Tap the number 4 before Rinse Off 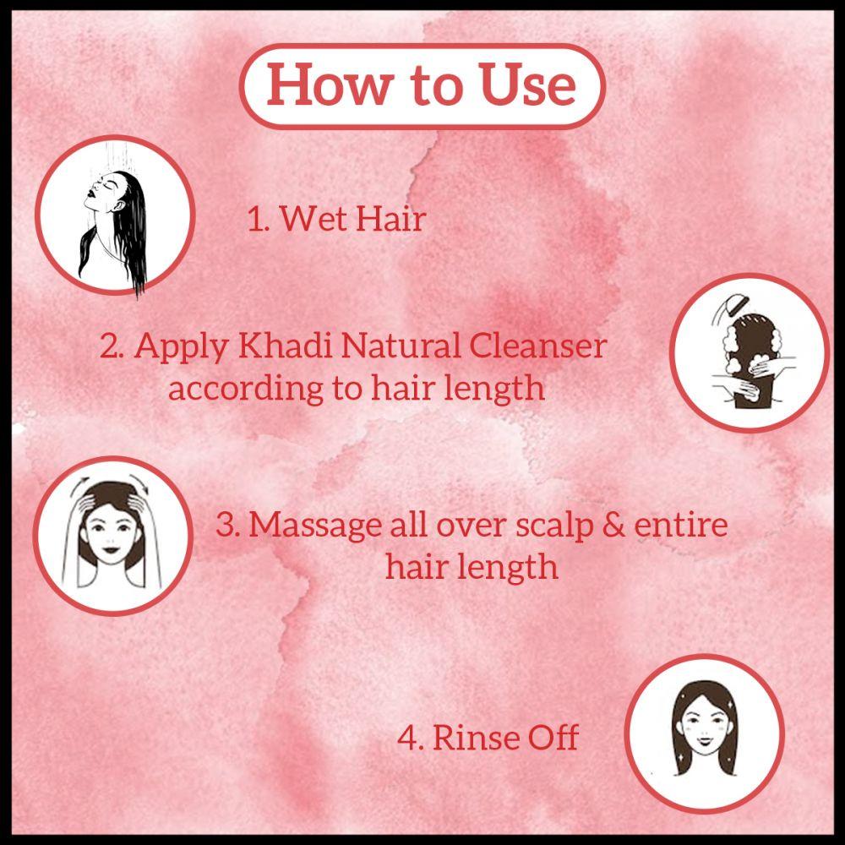[409, 738]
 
